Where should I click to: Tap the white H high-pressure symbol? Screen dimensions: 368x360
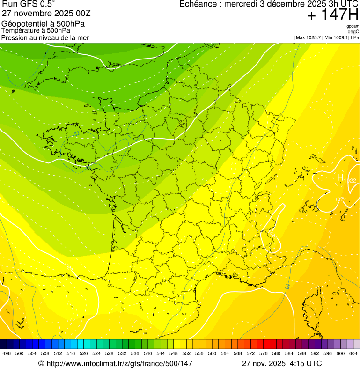tap(340, 177)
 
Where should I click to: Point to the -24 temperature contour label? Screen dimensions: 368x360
tap(287, 286)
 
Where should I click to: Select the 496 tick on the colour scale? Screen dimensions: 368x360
tap(7, 354)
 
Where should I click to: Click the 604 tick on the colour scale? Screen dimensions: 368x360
tap(353, 354)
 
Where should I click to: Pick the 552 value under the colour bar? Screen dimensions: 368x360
tap(186, 354)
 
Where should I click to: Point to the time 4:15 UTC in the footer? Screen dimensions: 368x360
tap(306, 363)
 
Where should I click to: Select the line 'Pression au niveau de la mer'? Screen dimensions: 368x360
tap(45, 37)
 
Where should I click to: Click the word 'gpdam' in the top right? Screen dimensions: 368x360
tap(353, 26)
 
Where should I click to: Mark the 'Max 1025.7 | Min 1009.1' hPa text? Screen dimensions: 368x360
tap(323, 37)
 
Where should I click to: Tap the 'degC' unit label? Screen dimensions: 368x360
tap(354, 32)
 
